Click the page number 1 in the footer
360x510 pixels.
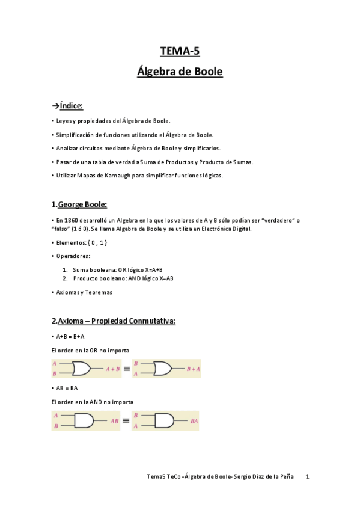pos(307,476)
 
